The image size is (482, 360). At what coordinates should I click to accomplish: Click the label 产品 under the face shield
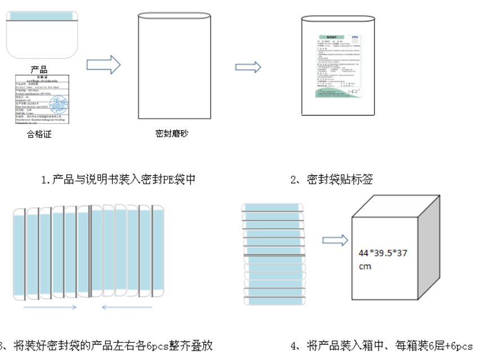coord(39,70)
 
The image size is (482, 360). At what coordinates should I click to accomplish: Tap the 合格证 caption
coord(39,135)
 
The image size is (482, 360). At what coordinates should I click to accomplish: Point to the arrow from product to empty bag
coord(104,64)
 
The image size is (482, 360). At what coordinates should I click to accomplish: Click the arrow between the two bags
coord(248,67)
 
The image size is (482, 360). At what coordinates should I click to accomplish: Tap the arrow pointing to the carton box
coord(334,240)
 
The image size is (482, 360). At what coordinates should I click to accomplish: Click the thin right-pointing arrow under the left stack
coord(51,307)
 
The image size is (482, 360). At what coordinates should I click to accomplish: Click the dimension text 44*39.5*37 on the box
coord(382,253)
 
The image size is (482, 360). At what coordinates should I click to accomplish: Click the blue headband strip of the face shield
coord(42,16)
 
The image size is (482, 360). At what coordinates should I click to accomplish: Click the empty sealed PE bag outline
coord(175,66)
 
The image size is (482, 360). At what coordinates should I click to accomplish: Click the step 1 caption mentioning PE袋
coord(118,180)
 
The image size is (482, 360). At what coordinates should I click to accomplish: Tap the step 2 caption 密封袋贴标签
coord(331,180)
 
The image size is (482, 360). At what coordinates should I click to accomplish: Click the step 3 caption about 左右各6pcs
coord(107,345)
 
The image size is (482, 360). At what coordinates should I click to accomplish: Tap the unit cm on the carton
coord(365,266)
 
